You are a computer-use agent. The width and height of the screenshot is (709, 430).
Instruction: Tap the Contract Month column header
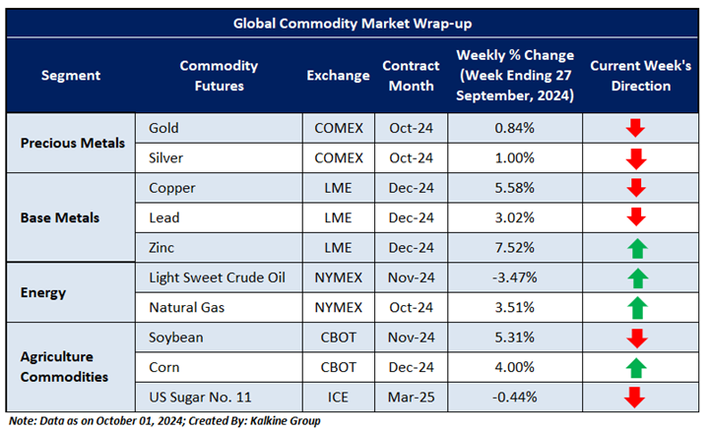409,76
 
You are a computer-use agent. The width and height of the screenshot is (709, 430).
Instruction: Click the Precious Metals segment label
74,143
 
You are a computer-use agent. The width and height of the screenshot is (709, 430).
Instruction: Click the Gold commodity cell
163,128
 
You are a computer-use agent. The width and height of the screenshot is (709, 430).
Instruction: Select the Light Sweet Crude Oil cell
217,277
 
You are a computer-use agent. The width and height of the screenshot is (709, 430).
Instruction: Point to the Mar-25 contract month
409,397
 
